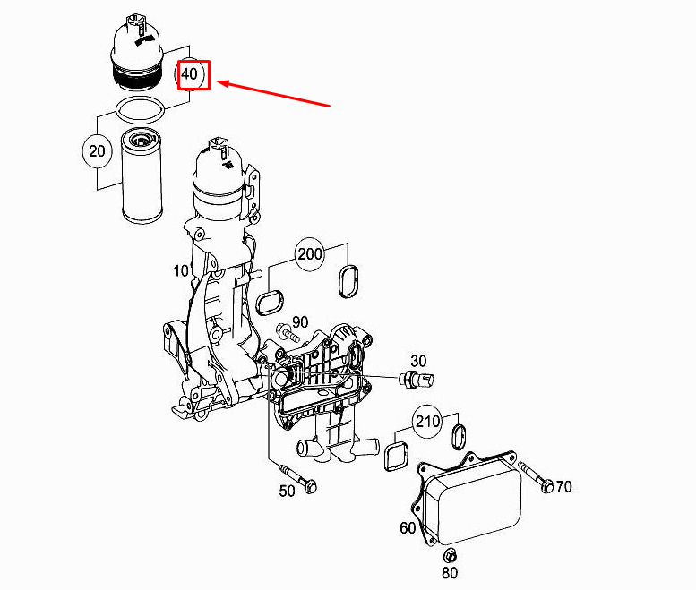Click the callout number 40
[x=190, y=74]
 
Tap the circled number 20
[x=99, y=150]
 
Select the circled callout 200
[x=310, y=254]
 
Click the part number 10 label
[x=181, y=270]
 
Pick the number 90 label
[x=299, y=321]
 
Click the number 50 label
[x=288, y=491]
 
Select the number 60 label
[x=408, y=528]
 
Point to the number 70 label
[x=563, y=487]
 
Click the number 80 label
[x=450, y=572]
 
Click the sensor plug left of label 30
[x=419, y=379]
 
